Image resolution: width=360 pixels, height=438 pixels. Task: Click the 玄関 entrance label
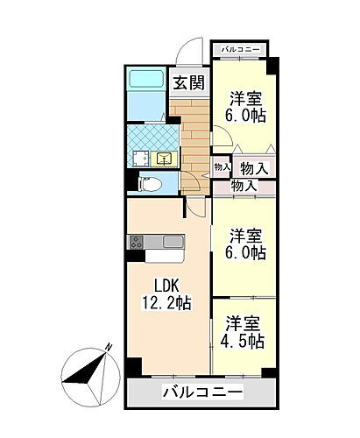(x=188, y=83)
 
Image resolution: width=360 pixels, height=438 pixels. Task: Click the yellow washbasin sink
(x=164, y=159)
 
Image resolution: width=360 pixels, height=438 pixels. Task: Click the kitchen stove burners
(x=136, y=242)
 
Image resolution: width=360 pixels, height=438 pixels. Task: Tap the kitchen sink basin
(x=173, y=242)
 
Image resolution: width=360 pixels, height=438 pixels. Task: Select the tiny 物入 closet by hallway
(x=221, y=166)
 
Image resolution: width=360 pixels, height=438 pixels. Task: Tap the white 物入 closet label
(x=253, y=166)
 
